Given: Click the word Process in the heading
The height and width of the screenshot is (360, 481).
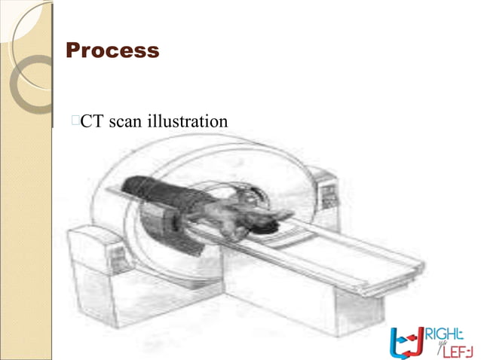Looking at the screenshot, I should [x=112, y=50].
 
